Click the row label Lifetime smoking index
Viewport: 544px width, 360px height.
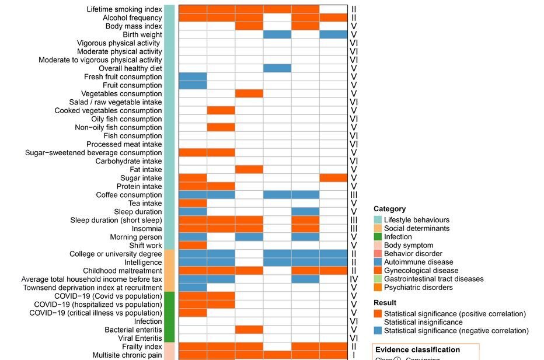coord(124,9)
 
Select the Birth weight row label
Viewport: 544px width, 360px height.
coord(142,34)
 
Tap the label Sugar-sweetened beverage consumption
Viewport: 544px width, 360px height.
coord(93,153)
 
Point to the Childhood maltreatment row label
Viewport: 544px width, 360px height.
coord(123,271)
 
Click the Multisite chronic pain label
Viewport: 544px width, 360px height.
coord(127,355)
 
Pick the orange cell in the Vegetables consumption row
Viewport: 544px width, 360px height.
coord(249,93)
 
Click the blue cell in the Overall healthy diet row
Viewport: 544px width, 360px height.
coord(277,68)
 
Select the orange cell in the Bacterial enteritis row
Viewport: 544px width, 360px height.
coord(249,330)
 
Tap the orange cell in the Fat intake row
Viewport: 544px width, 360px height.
coord(249,169)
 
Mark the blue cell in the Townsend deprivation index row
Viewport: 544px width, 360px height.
coord(193,288)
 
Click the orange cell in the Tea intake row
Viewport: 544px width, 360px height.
coord(193,203)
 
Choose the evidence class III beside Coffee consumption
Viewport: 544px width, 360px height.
coord(354,195)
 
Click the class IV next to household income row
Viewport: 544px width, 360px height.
coord(354,279)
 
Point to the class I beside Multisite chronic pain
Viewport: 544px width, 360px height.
coord(354,355)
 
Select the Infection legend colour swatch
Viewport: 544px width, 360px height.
coord(378,237)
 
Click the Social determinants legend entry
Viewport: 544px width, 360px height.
coord(417,229)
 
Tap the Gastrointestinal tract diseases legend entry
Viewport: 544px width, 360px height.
coord(434,279)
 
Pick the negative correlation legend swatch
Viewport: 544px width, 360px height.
coord(378,331)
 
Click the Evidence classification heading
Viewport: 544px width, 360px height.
coord(417,350)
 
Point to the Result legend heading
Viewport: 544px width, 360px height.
coord(385,303)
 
